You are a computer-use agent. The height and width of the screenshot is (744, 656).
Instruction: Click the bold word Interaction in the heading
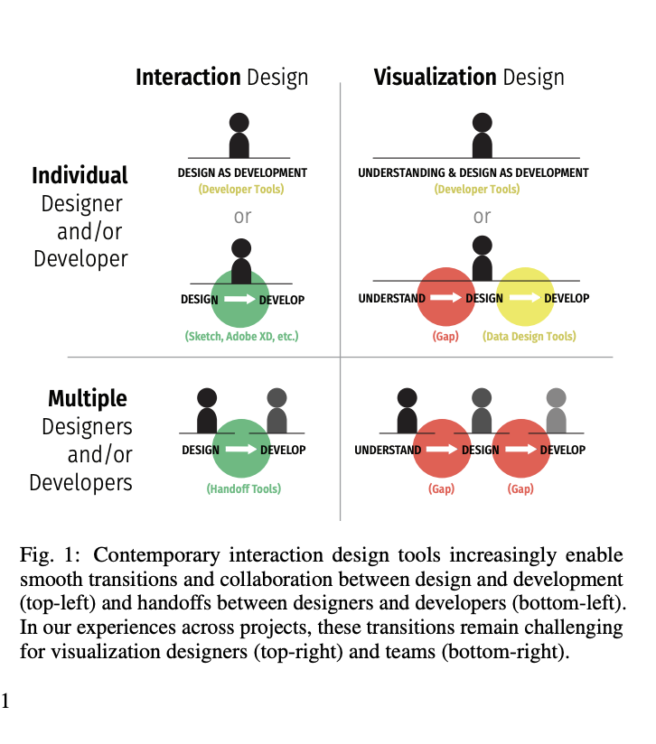pyautogui.click(x=188, y=78)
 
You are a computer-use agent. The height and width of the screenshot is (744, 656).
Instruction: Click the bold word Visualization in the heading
pyautogui.click(x=436, y=78)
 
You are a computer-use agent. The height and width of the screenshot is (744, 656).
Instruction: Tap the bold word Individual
pyautogui.click(x=80, y=175)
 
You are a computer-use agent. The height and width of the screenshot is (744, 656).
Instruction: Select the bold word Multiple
pyautogui.click(x=88, y=398)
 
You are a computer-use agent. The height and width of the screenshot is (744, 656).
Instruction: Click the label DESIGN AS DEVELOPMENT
pyautogui.click(x=242, y=172)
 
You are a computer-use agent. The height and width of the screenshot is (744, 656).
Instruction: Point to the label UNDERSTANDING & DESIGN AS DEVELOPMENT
pyautogui.click(x=473, y=172)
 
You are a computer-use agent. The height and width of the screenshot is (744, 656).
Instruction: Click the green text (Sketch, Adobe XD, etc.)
pyautogui.click(x=241, y=337)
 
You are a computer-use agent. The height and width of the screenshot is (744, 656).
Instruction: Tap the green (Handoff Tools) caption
pyautogui.click(x=243, y=488)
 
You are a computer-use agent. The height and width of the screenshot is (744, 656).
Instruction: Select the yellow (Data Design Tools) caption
pyautogui.click(x=529, y=337)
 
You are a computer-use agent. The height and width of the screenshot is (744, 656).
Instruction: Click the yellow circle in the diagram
pyautogui.click(x=525, y=296)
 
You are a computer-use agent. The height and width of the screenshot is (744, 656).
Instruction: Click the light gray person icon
pyautogui.click(x=557, y=411)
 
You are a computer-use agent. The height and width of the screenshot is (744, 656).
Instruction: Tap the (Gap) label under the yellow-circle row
pyautogui.click(x=445, y=337)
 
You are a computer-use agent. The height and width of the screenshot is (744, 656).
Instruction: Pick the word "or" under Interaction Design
pyautogui.click(x=242, y=217)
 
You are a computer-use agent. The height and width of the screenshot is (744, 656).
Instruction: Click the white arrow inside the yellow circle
pyautogui.click(x=525, y=297)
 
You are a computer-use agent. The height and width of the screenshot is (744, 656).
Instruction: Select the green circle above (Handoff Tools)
pyautogui.click(x=241, y=449)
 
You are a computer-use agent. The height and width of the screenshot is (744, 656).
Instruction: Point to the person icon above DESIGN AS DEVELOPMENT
pyautogui.click(x=239, y=135)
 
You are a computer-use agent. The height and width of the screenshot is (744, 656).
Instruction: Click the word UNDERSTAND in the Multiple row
pyautogui.click(x=388, y=450)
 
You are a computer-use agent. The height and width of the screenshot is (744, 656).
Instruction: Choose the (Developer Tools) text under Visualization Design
pyautogui.click(x=477, y=190)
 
